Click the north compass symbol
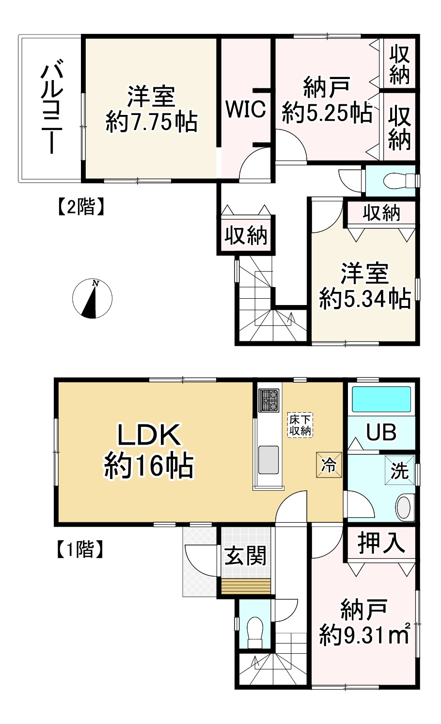point(92,299)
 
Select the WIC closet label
point(246,109)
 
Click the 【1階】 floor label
point(78,549)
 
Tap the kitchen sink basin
point(268,459)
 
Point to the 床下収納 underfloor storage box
point(300,425)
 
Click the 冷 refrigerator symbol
point(330,466)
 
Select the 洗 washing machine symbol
point(400,469)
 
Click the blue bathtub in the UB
point(381,400)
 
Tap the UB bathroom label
point(381,432)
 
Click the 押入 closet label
point(381,543)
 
